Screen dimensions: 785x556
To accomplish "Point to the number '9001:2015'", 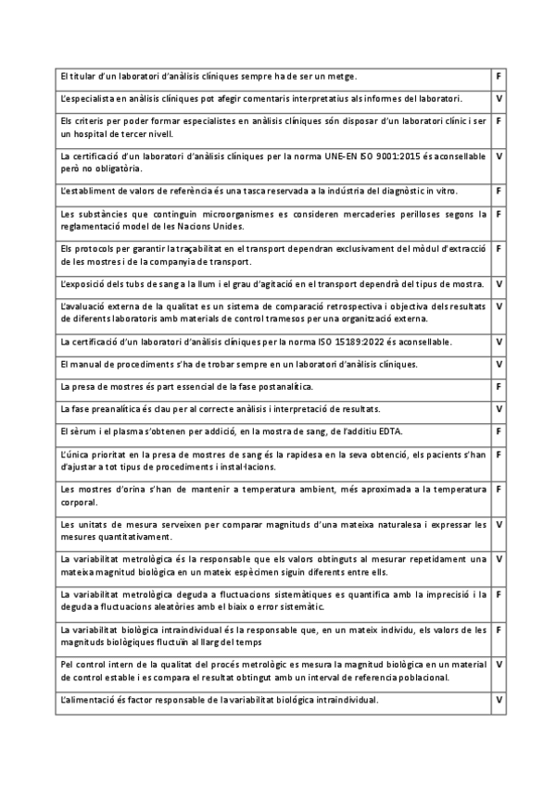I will (x=402, y=156).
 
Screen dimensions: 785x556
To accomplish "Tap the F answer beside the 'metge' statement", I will (x=499, y=75).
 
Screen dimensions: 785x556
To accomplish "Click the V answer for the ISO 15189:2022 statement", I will (x=499, y=342).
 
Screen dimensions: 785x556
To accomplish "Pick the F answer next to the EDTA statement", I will (x=499, y=430).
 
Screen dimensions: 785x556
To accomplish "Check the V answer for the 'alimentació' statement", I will (x=499, y=699).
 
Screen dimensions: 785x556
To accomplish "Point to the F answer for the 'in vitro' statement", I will (x=499, y=191).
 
